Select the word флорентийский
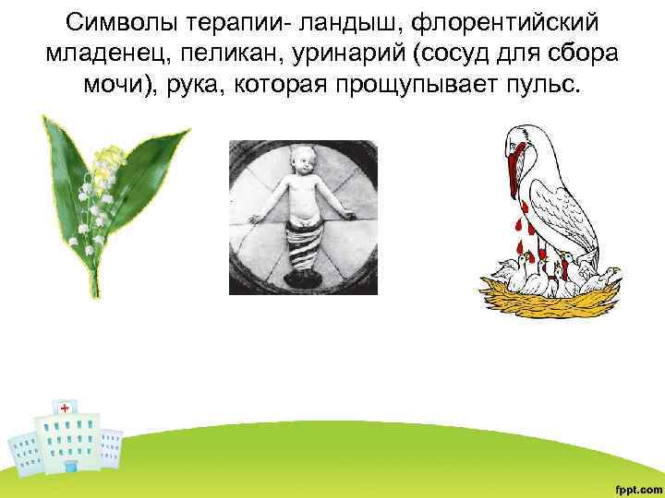[x=518, y=21]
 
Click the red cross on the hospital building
[x=64, y=407]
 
